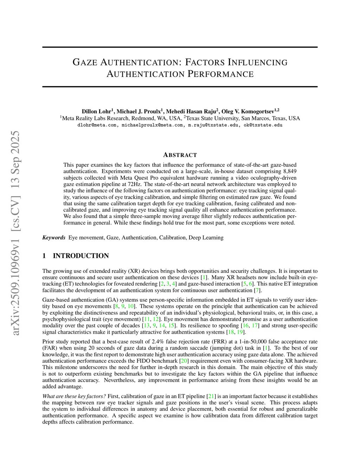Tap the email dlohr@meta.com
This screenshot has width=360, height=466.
coord(97,125)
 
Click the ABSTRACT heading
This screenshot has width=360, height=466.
coord(180,155)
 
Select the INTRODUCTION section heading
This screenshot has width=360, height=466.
coord(81,256)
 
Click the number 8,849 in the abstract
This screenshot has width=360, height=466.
coord(289,171)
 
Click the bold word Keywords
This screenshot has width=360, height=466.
coord(54,237)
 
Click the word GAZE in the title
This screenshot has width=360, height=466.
coord(85,63)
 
